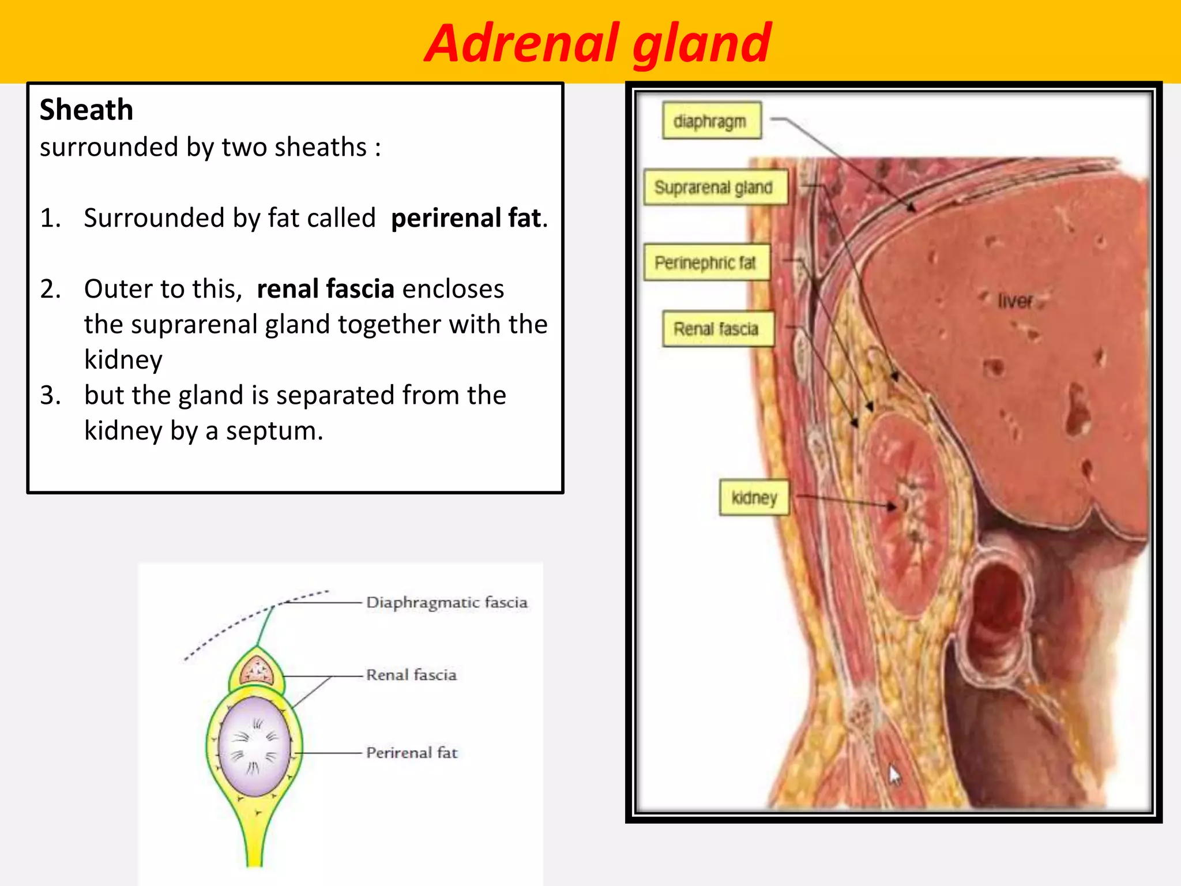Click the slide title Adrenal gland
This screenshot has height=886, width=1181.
coord(598,43)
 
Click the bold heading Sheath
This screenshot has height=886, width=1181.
coord(86,110)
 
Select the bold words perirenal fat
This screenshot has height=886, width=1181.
coord(468,218)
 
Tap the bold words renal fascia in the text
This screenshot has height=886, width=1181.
coord(325,288)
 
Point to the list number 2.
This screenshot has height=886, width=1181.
coord(50,288)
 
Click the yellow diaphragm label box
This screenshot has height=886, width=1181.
coord(711,121)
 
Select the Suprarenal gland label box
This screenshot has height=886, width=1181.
coord(715,187)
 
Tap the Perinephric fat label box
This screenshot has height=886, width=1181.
coord(706,263)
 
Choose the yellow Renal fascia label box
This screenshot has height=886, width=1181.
coord(717,329)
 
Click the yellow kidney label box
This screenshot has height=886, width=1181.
coord(754,497)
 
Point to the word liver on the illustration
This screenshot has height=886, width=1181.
coord(1015,301)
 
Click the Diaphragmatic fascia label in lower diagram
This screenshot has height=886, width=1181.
coord(447,602)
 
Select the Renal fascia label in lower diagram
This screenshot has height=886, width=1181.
coord(411,675)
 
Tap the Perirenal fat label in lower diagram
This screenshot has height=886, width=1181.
coord(412,752)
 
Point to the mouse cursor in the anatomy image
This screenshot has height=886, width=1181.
coord(894,775)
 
